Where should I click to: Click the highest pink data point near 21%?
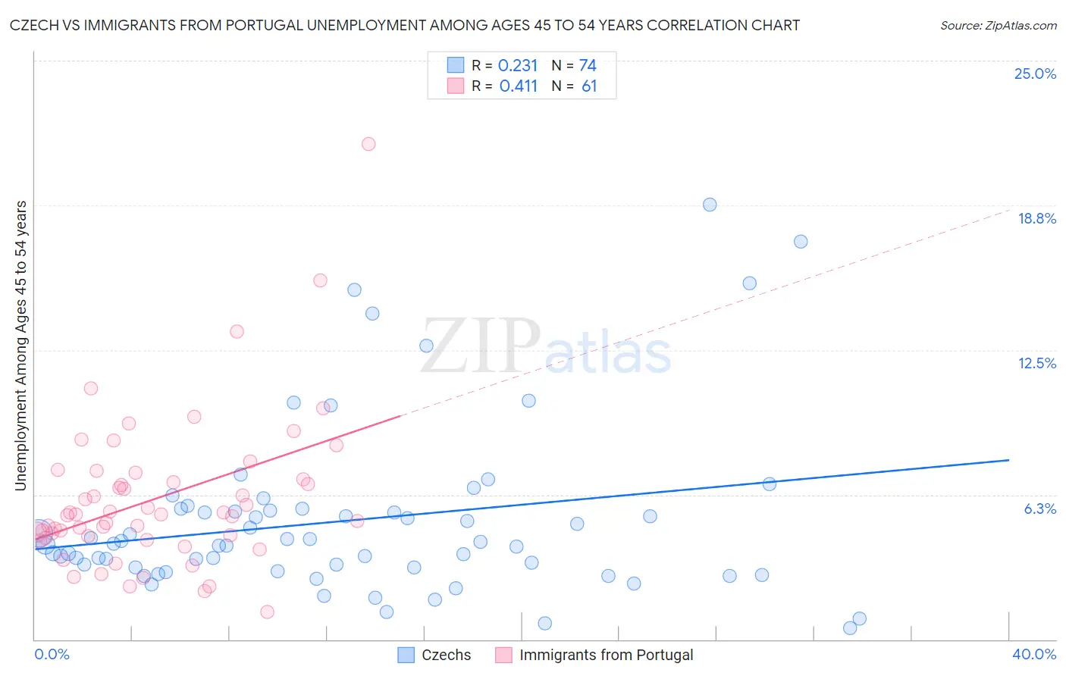pos(368,144)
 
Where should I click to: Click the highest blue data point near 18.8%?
pos(710,205)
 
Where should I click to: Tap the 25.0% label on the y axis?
pos(1035,74)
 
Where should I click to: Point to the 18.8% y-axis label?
pos(1036,218)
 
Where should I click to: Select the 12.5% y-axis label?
pos(1036,363)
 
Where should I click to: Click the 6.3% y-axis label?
pos(1039,509)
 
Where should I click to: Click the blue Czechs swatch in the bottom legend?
pos(406,656)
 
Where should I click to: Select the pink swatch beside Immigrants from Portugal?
pos(503,656)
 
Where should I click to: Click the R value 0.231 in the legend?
pos(518,66)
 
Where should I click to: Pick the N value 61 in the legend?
pos(589,86)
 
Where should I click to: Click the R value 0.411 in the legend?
pos(518,86)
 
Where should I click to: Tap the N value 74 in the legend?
pos(588,66)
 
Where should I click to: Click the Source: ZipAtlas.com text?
pos(998,26)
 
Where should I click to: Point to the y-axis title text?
pos(21,346)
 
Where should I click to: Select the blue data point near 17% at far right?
pos(801,242)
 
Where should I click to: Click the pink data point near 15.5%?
pos(320,280)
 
